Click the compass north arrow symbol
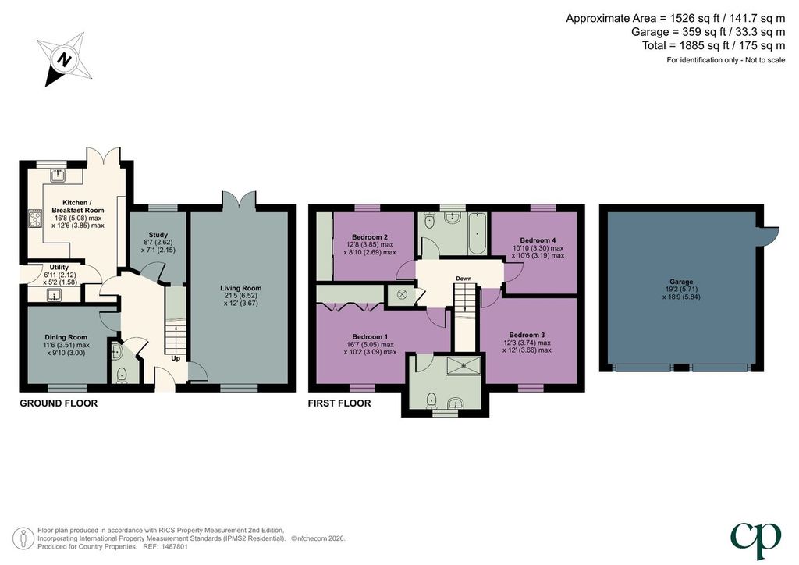coord(64,59)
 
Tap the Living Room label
coord(241,288)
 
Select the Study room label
coord(158,235)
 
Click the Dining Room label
coord(66,337)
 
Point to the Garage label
coord(681,282)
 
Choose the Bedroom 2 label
coord(370,237)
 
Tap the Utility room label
coord(59,267)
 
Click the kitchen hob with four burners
coord(36,219)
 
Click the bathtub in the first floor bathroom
coord(478,233)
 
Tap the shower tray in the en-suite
coord(463,364)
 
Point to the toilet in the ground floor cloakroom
coord(122,375)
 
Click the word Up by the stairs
coord(176,359)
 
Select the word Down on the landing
coord(463,279)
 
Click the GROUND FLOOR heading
coord(59,403)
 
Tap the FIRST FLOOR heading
coord(339,403)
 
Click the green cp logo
coord(755,540)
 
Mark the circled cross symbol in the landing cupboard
coord(402,294)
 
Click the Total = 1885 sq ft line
coord(713,45)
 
